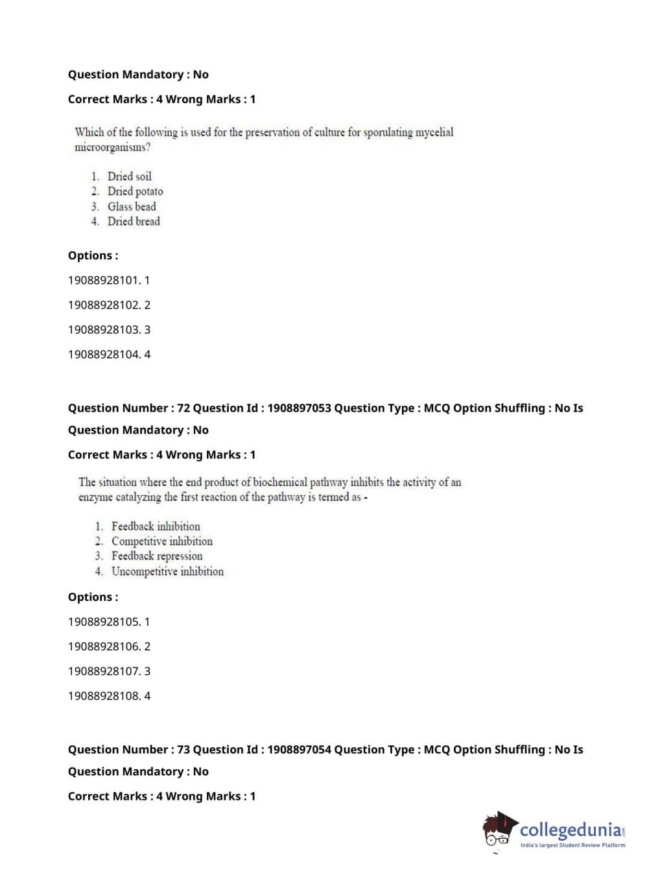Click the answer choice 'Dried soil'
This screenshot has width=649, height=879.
129,176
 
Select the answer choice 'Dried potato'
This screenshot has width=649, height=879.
135,191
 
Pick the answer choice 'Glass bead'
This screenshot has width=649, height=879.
132,207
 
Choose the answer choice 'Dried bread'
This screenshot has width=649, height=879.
134,222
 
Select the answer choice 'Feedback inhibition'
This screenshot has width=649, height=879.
156,526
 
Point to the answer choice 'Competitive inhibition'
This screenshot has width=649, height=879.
161,541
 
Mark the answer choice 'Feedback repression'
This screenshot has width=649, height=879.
157,556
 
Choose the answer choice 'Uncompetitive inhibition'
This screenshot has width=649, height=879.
167,572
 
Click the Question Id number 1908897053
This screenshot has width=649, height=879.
299,408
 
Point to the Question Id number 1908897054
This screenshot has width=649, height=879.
299,750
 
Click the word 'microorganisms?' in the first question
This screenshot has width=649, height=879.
112,148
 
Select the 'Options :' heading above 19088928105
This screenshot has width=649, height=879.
93,597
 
